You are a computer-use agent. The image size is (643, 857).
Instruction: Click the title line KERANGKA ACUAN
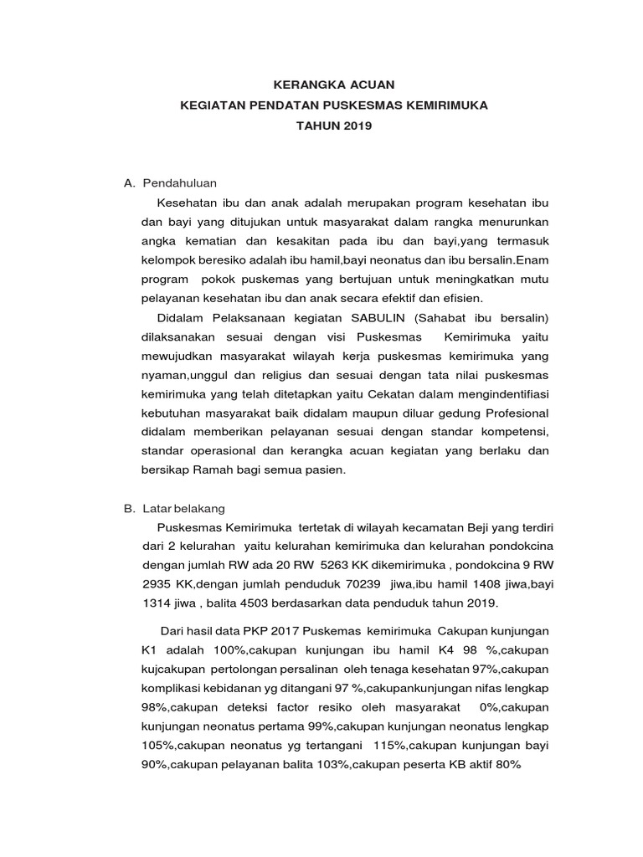tap(334, 85)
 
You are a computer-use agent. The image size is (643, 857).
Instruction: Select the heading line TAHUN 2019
tap(334, 126)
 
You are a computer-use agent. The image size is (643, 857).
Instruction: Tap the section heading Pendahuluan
tap(180, 182)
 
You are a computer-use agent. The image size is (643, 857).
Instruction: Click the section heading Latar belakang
tap(183, 508)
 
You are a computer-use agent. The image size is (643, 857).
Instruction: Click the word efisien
tap(466, 299)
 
